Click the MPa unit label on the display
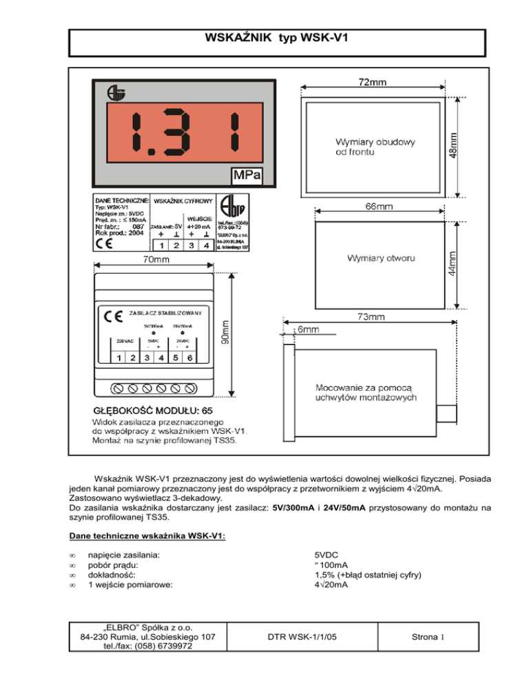pos(247,176)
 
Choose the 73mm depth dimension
pos(371,317)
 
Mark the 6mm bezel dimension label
pos(308,330)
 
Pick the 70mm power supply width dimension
pos(156,260)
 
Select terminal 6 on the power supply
pos(189,358)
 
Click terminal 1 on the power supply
pos(118,358)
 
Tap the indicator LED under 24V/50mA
pos(183,333)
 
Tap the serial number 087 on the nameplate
pos(138,226)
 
